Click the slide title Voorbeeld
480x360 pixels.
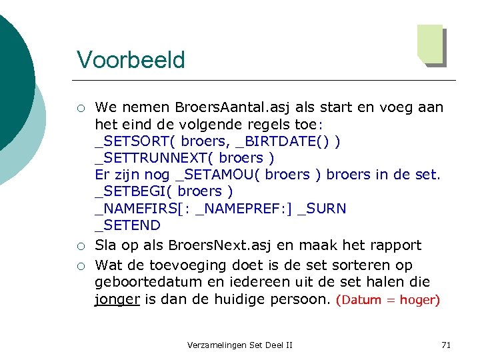(x=131, y=59)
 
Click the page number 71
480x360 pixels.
(x=446, y=345)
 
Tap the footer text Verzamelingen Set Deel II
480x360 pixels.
(x=240, y=345)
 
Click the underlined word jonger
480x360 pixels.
(x=117, y=299)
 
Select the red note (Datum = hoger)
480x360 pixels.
(x=388, y=300)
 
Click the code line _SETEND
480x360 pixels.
(x=127, y=225)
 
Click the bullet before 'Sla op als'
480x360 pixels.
(x=80, y=246)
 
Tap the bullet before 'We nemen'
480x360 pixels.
(x=80, y=108)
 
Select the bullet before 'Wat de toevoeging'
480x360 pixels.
(x=80, y=266)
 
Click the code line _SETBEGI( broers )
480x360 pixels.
(x=163, y=192)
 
